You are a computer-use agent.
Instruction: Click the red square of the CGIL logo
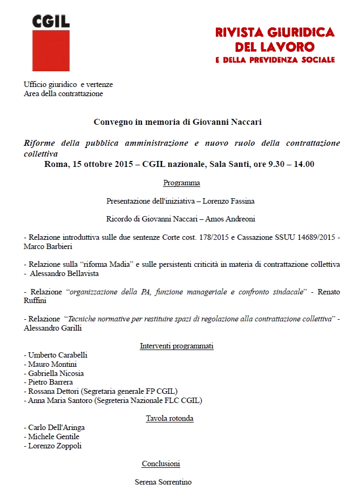pyautogui.click(x=51, y=50)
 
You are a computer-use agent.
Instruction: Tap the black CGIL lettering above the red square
pyautogui.click(x=51, y=21)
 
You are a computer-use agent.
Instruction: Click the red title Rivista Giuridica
pyautogui.click(x=275, y=32)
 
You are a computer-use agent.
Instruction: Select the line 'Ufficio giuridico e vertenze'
pyautogui.click(x=68, y=85)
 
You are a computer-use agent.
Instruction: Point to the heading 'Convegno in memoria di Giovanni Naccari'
pyautogui.click(x=178, y=122)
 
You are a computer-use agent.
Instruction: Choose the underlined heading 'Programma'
pyautogui.click(x=181, y=183)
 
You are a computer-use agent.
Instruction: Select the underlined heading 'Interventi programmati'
pyautogui.click(x=176, y=346)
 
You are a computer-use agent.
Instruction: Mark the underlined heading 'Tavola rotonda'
pyautogui.click(x=169, y=418)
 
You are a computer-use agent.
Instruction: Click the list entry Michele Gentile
pyautogui.click(x=53, y=436)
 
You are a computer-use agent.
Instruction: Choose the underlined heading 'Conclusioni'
pyautogui.click(x=161, y=464)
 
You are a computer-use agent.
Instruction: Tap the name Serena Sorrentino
pyautogui.click(x=163, y=482)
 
